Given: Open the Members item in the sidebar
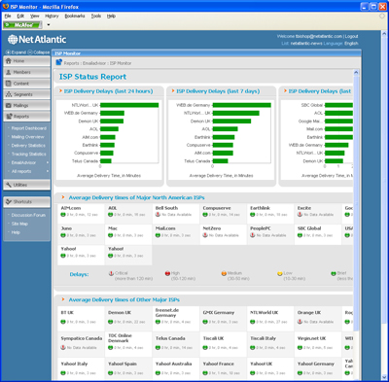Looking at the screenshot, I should pos(22,72).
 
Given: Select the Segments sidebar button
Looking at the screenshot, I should pos(23,93).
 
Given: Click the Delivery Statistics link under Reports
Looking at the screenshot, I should pos(29,145).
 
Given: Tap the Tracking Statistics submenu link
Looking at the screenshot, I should pos(29,154).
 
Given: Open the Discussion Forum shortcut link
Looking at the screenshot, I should pos(30,215).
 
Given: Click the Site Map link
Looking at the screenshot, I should pos(20,224).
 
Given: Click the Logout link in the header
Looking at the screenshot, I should pos(351,35).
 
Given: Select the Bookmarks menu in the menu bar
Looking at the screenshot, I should pos(75,16).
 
